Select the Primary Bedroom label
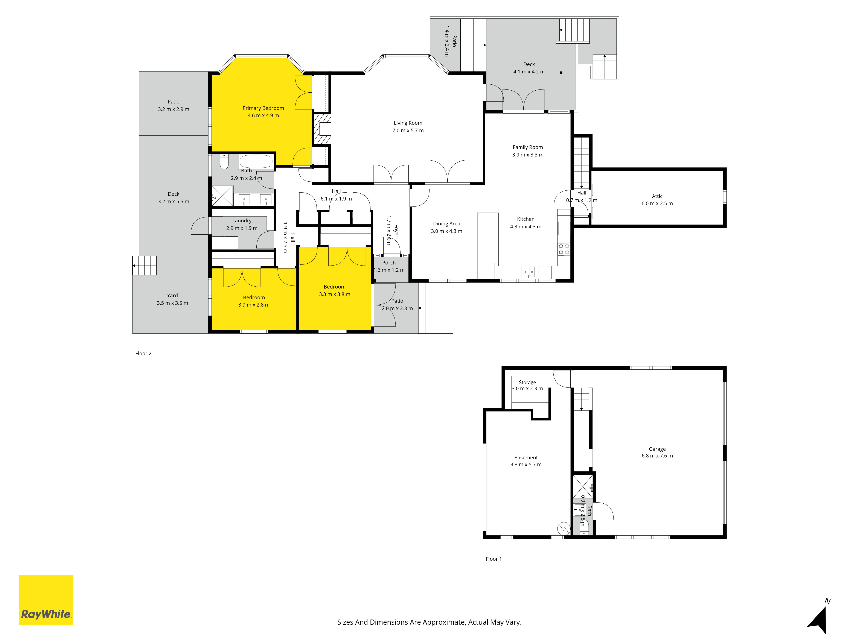[x=263, y=108]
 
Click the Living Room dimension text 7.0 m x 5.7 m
[x=408, y=131]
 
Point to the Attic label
[x=657, y=196]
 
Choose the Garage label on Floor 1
[x=657, y=449]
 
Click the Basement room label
[x=526, y=458]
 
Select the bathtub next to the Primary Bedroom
[x=256, y=161]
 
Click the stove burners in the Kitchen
[x=564, y=249]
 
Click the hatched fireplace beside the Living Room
[x=322, y=129]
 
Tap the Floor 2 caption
[x=143, y=353]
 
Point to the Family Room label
[x=528, y=147]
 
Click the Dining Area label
[x=447, y=224]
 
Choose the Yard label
[x=172, y=295]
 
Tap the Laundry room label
[x=242, y=220]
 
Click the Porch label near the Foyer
[x=389, y=263]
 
